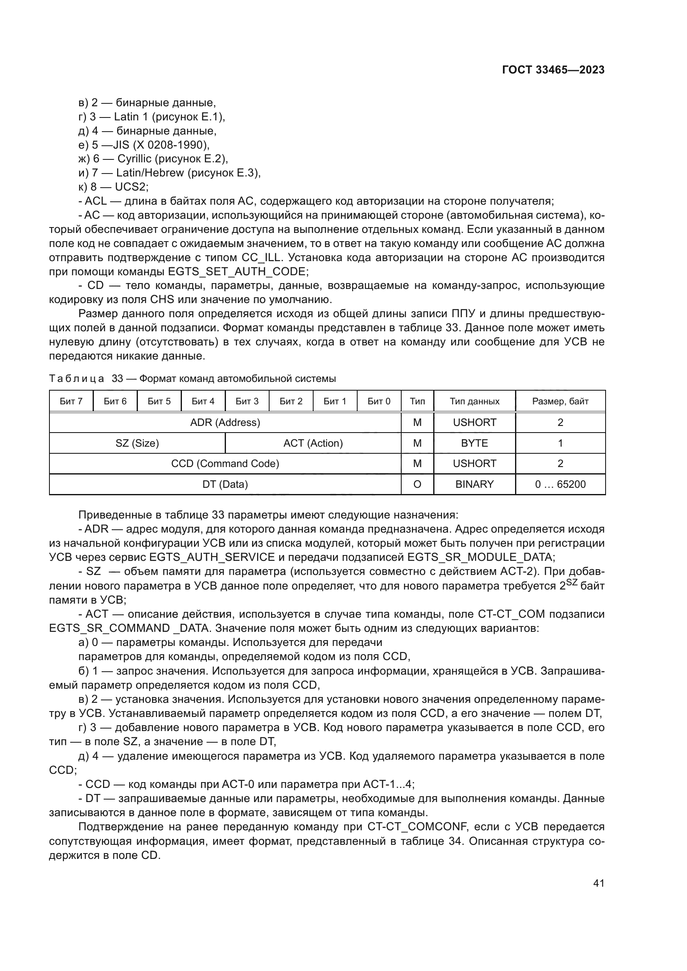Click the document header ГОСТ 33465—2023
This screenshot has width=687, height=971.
click(553, 70)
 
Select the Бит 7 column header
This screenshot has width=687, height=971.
click(71, 401)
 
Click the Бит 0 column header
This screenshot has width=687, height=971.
click(379, 401)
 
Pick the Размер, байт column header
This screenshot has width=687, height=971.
click(560, 401)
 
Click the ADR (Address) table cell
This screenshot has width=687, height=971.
click(225, 422)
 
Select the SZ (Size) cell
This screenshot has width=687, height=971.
click(137, 443)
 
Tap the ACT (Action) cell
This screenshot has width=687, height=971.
click(313, 443)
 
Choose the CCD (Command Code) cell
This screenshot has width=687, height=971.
click(225, 463)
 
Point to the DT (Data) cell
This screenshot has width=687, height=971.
click(225, 484)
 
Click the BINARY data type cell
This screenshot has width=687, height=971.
click(474, 484)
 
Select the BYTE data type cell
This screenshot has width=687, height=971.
click(474, 443)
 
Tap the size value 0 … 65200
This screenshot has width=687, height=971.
click(560, 484)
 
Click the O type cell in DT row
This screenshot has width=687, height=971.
click(417, 484)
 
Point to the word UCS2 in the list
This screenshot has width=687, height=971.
click(131, 187)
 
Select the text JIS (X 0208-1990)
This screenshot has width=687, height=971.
click(161, 145)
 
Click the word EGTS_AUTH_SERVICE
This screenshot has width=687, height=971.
click(211, 557)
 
